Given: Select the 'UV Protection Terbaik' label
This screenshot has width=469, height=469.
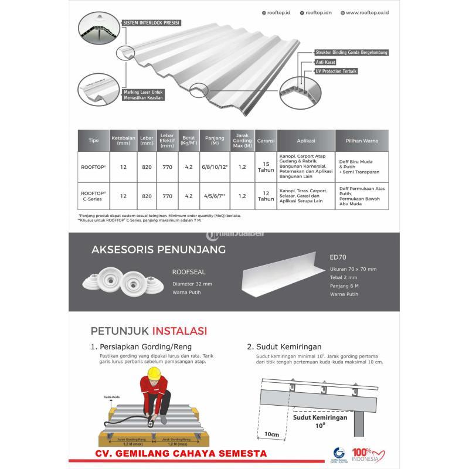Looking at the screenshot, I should coord(336,71).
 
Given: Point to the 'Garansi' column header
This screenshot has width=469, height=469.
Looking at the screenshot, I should coord(266,141).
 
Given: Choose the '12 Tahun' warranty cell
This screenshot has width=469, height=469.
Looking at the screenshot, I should coord(266,196).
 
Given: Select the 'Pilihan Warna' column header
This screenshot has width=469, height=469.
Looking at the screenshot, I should coord(362,141).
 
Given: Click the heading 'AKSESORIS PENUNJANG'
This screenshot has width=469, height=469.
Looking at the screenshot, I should coord(158,250).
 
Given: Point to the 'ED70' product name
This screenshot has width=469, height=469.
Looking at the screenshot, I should coord(338,256).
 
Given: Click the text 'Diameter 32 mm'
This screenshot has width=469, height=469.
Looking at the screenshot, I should coord(191,283).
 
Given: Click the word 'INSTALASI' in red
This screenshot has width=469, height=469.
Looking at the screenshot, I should coord(179,331).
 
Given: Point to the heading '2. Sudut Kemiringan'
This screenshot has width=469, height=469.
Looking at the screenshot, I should coord(288,346).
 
